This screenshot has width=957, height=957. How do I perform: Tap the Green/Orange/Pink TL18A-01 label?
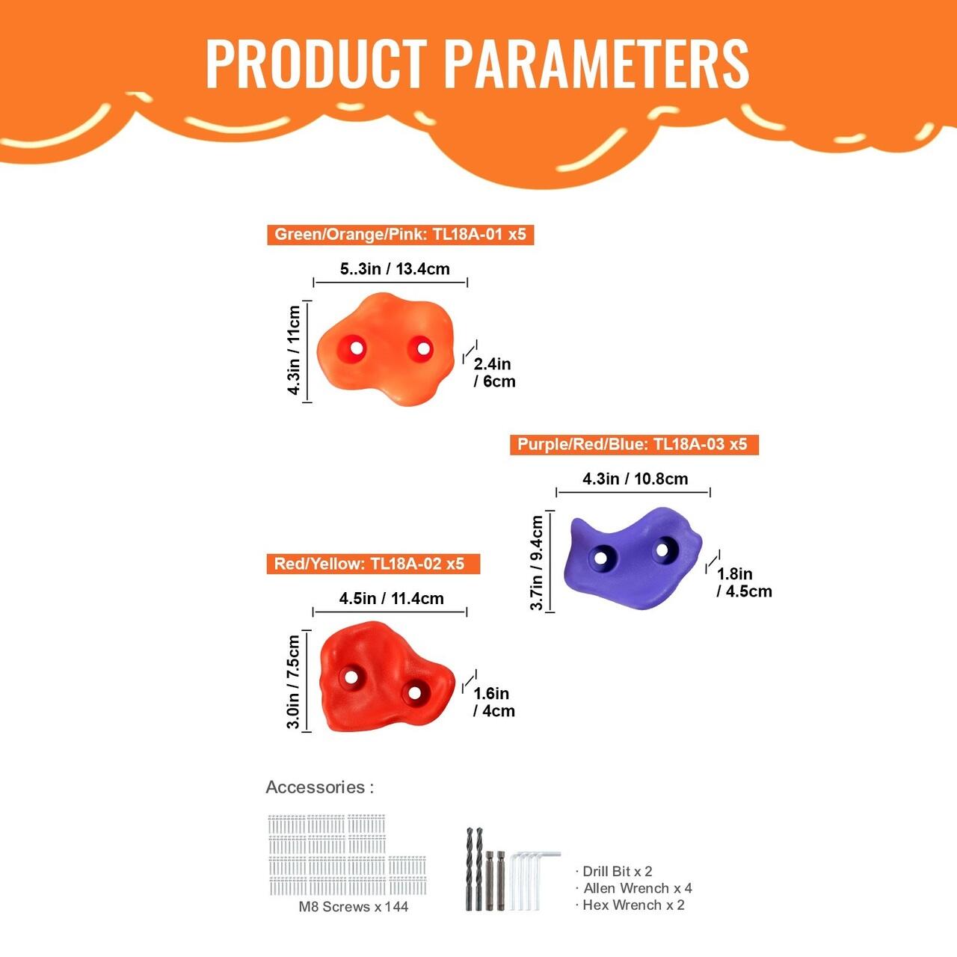400,235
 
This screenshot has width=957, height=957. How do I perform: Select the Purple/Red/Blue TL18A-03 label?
634,444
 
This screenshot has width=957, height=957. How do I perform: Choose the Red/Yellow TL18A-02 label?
374,564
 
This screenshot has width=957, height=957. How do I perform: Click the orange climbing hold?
385,349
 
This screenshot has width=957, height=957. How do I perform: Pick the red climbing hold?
386,677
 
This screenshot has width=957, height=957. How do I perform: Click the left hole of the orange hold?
356,348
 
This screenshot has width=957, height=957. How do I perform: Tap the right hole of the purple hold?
662,550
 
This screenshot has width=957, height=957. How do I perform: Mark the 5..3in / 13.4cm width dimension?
395,269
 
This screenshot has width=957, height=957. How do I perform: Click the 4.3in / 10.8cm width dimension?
636,478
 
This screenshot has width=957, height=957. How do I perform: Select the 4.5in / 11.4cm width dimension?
391,598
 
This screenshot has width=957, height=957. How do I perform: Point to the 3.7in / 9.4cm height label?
537,562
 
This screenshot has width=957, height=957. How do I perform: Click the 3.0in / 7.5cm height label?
294,682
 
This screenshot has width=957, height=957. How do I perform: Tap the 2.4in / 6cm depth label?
494,373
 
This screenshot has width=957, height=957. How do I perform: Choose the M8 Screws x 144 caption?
353,906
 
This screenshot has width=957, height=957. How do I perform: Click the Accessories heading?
320,787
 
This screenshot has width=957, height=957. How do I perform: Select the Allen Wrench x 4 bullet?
634,888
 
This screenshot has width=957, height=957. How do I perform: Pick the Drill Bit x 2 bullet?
614,871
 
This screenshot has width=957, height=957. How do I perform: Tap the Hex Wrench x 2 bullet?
630,905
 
